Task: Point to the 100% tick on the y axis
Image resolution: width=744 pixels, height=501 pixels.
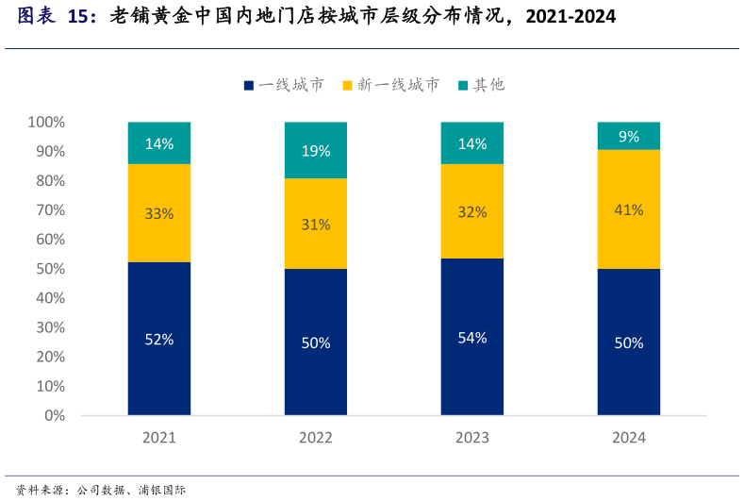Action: [x=46, y=122]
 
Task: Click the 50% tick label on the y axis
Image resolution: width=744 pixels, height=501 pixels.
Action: [x=50, y=269]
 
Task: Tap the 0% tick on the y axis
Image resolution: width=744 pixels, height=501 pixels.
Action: [x=54, y=415]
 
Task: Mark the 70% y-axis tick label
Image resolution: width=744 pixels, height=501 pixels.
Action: [x=50, y=209]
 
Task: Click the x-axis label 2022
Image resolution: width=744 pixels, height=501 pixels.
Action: [x=316, y=438]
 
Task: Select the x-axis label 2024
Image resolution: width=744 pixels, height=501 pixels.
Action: [x=628, y=438]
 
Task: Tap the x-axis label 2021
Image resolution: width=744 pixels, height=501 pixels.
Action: [x=159, y=438]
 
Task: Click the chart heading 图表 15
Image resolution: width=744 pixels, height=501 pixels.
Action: [x=57, y=16]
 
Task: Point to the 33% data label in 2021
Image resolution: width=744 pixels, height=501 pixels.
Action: [x=159, y=213]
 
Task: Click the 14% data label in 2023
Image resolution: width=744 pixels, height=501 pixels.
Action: [x=471, y=144]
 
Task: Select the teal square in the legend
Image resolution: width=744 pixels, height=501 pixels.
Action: [x=463, y=85]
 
